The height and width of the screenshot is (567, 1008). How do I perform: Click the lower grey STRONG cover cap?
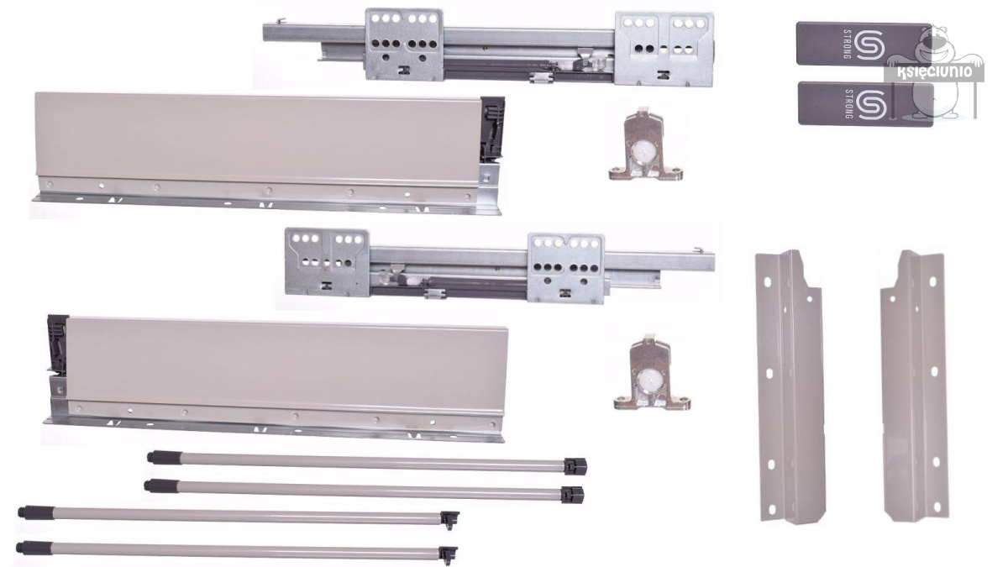(x=865, y=104)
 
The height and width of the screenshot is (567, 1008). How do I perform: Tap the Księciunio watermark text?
(x=933, y=72)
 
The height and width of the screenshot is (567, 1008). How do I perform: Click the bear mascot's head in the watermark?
(x=934, y=44)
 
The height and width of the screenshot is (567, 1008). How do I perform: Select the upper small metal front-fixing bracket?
(x=645, y=147)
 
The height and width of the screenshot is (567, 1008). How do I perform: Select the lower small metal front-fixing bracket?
(x=652, y=373)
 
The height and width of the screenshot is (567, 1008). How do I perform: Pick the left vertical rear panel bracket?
(x=790, y=386)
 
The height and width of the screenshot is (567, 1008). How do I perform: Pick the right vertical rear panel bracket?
(x=914, y=386)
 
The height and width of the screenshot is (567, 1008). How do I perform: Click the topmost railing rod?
(x=367, y=462)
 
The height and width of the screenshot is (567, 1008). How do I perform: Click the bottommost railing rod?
(x=237, y=551)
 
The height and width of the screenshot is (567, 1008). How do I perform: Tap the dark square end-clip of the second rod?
(x=572, y=495)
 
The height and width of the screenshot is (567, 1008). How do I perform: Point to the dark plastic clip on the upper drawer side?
(x=492, y=129)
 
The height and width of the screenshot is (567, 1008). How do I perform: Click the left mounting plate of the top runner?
(x=404, y=45)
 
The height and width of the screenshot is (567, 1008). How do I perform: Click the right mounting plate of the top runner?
(x=664, y=49)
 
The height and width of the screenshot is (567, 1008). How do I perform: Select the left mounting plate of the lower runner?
(x=327, y=262)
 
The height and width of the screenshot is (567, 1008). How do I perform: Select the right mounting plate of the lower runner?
(x=565, y=267)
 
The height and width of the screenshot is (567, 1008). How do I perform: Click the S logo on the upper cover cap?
(x=869, y=45)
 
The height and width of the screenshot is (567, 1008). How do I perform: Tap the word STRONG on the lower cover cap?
(x=848, y=104)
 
